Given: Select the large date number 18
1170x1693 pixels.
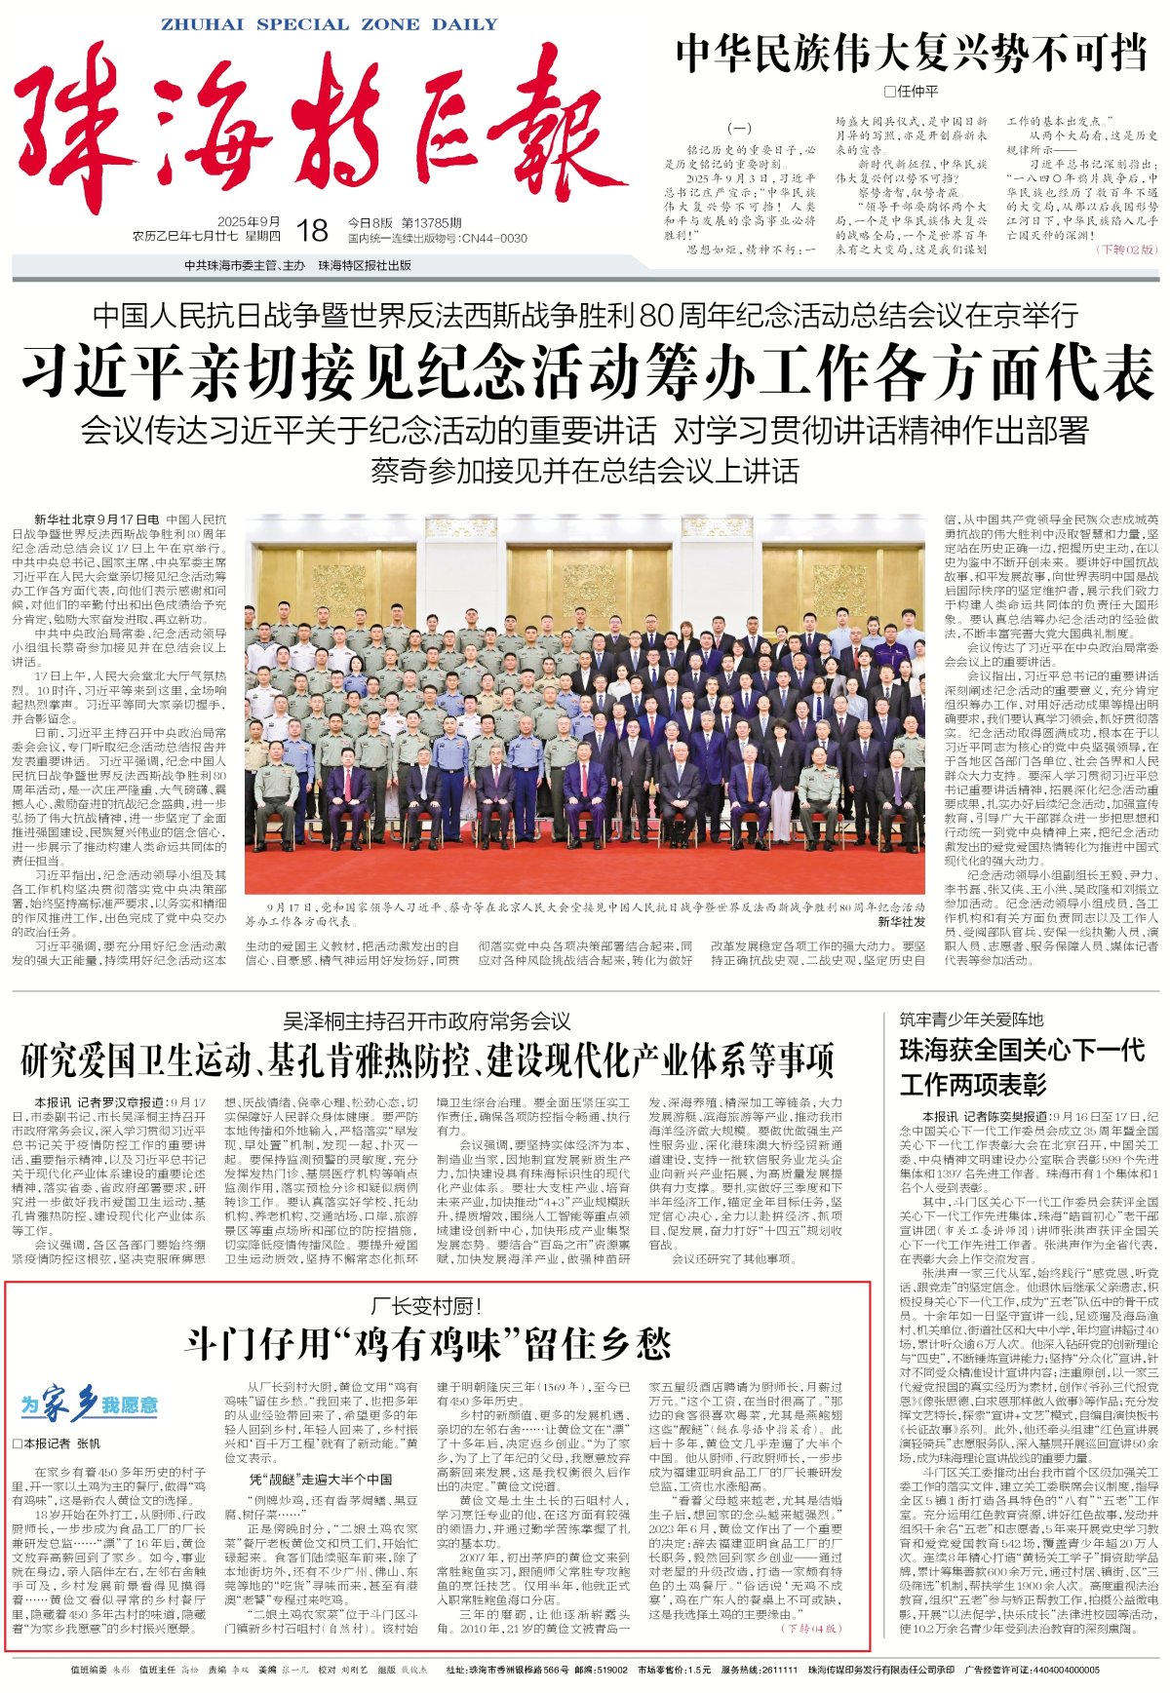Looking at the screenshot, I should (312, 230).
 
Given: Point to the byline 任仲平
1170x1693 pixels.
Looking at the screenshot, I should (912, 92).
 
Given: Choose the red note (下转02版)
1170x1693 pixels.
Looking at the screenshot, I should (1127, 250).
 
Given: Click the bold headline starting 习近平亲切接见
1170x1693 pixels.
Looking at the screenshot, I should (587, 371).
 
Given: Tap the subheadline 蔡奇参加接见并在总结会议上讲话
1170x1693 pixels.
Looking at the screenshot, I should (585, 471).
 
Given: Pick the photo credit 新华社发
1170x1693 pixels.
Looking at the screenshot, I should (901, 921).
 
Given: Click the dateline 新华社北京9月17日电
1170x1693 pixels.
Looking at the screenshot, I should (97, 519).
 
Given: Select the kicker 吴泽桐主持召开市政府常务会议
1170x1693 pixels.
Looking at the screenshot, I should (427, 1021).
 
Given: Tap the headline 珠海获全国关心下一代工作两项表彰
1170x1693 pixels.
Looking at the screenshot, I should (1021, 1066).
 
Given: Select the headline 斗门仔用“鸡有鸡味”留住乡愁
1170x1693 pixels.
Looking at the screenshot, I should (427, 1344).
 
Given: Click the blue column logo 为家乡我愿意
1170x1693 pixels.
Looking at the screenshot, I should (89, 1404).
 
